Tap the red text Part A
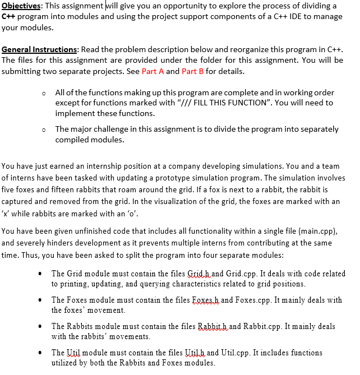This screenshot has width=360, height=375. tap(153, 72)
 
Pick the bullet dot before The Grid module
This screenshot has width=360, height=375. tap(38, 274)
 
